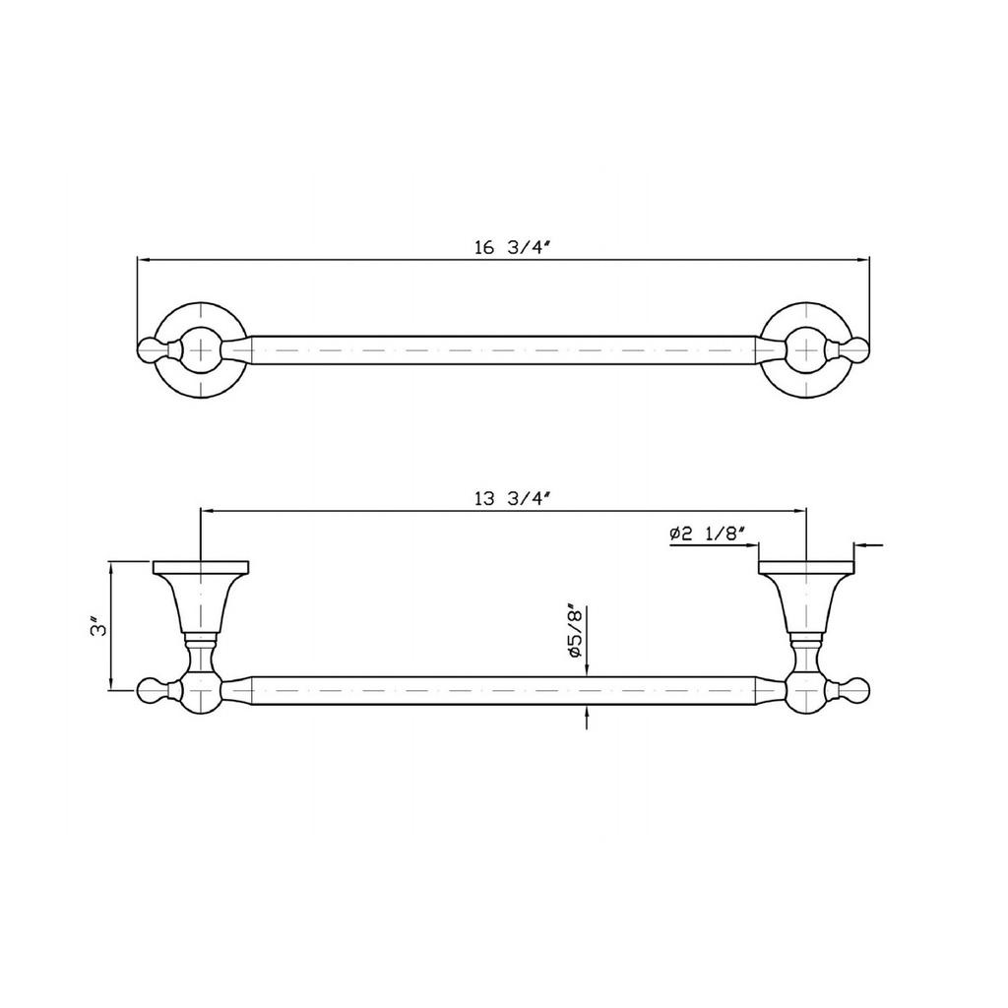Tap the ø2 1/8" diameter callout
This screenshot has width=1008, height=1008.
(706, 534)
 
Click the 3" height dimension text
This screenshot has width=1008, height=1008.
(97, 626)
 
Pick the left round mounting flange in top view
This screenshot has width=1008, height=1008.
(201, 349)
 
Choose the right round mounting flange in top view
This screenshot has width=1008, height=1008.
(806, 349)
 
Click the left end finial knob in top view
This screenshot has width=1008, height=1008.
(153, 349)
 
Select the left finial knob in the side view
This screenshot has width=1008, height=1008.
(153, 691)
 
